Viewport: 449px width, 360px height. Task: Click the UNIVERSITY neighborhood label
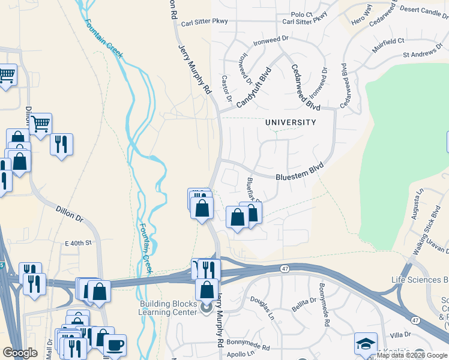[x=291, y=122]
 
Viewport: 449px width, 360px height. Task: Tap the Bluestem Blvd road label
[x=300, y=172]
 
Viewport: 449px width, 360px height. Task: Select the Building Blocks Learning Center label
[x=168, y=308]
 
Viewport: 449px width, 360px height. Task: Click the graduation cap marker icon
[x=366, y=343]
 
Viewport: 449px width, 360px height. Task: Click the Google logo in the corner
[x=20, y=353]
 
